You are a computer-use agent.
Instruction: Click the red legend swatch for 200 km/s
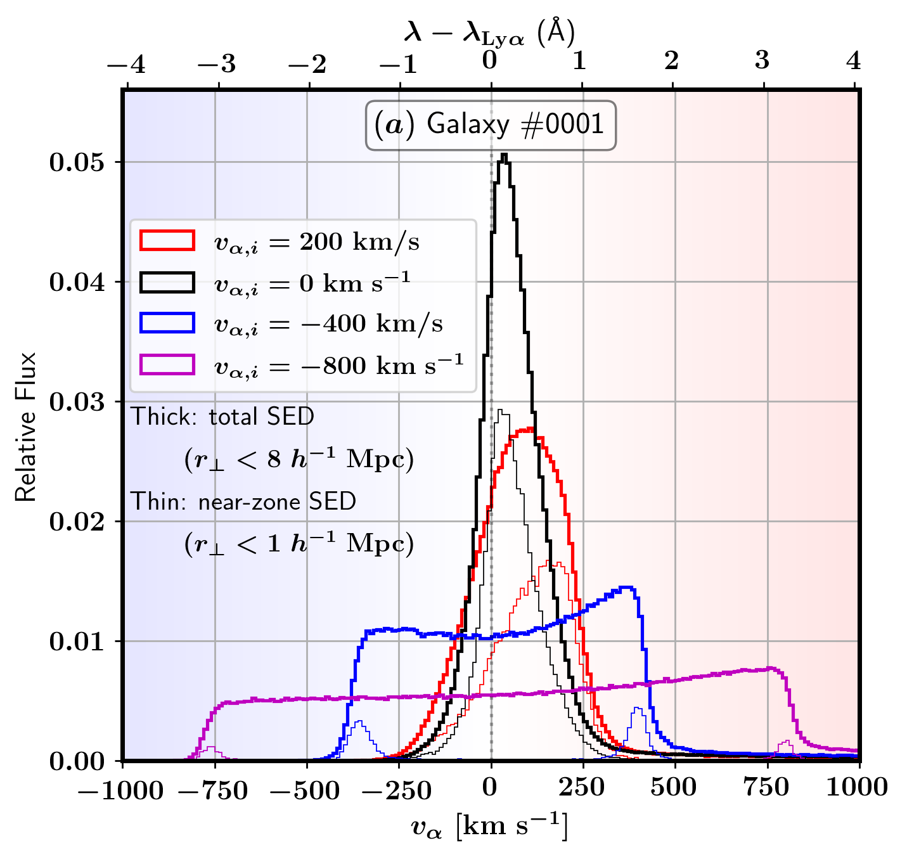point(167,241)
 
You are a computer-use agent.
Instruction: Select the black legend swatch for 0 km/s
point(167,282)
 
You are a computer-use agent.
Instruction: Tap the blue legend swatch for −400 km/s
point(167,323)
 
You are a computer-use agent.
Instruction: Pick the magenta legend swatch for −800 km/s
point(167,365)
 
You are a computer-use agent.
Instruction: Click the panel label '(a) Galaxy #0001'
point(490,125)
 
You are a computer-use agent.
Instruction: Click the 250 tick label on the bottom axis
point(581,788)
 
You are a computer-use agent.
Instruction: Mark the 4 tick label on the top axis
point(854,61)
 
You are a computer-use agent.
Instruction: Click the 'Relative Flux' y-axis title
point(26,426)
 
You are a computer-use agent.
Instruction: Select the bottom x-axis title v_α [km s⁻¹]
point(489,827)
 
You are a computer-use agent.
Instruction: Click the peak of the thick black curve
point(504,155)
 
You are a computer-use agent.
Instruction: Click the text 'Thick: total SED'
point(222,417)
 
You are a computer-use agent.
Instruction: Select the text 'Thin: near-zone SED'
point(243,502)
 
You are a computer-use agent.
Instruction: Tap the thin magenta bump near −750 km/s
point(212,749)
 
